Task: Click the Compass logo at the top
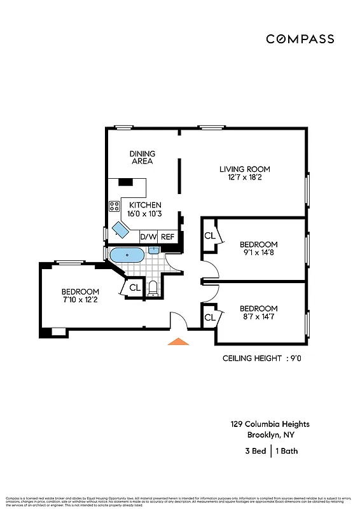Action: pos(300,39)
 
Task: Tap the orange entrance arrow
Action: pos(179,342)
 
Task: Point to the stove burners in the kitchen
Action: pos(114,206)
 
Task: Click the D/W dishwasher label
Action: pos(148,237)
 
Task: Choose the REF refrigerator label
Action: pos(167,237)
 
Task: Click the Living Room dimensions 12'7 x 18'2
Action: pos(245,178)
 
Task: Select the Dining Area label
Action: pos(142,157)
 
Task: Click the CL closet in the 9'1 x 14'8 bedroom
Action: pos(209,235)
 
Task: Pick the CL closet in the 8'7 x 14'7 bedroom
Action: pos(209,317)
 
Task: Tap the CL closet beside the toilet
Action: pos(134,288)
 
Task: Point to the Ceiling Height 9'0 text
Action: pos(261,358)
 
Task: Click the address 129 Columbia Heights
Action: pos(270,424)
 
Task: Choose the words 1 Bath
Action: pos(287,451)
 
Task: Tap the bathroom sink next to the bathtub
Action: pos(153,250)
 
